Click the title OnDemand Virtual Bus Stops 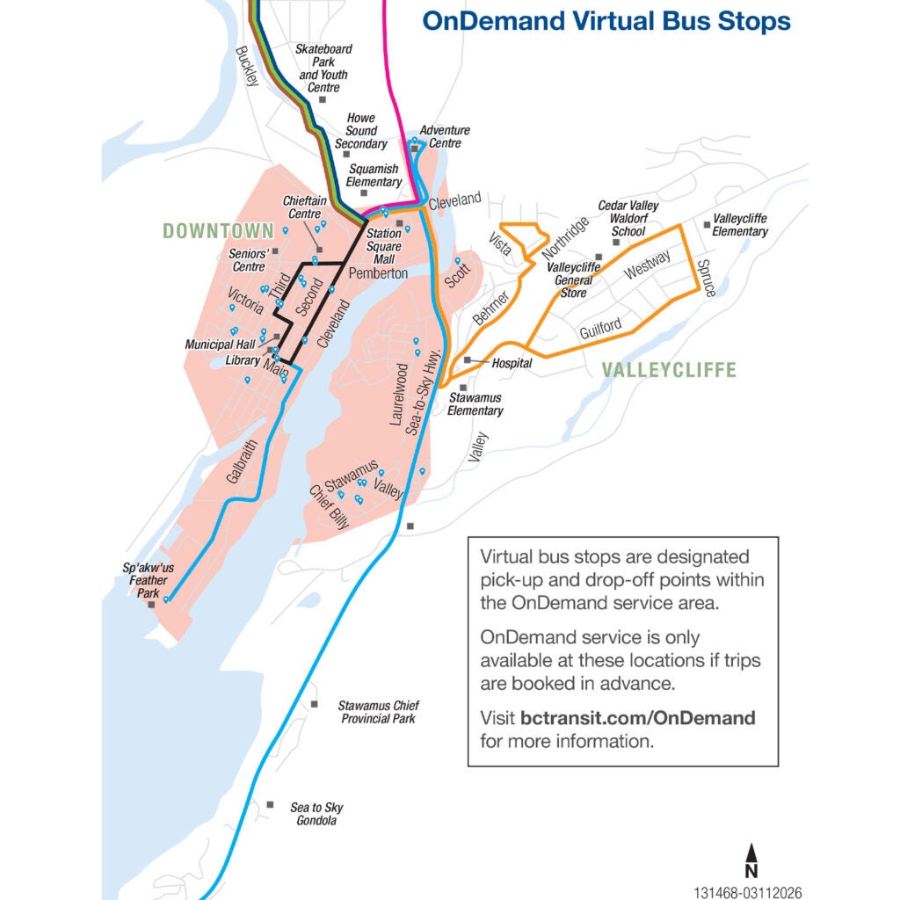[x=606, y=20]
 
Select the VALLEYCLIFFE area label [x=669, y=370]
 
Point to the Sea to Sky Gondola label [x=316, y=814]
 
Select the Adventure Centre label [x=445, y=136]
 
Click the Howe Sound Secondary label [x=360, y=130]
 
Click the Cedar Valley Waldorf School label [x=628, y=218]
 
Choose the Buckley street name [x=247, y=66]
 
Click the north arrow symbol [x=751, y=860]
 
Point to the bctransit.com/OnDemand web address [x=637, y=718]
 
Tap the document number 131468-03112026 [x=747, y=891]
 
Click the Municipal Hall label [x=220, y=345]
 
